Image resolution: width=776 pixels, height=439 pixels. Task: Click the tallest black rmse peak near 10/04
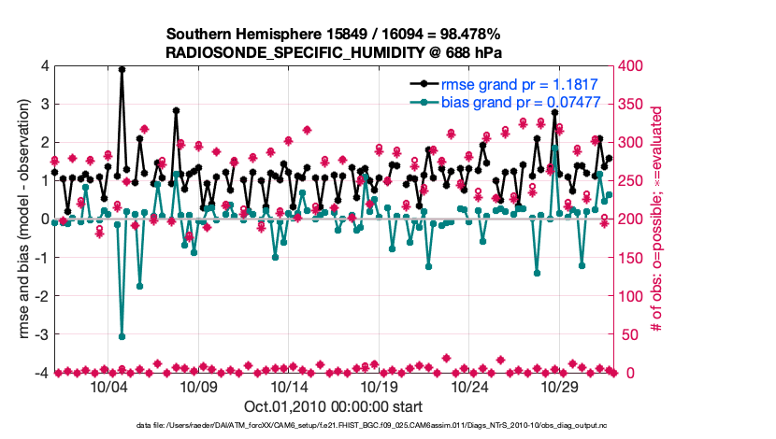pyautogui.click(x=122, y=69)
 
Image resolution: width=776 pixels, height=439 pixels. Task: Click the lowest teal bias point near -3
pyautogui.click(x=122, y=336)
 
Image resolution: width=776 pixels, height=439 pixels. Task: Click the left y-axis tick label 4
pyautogui.click(x=44, y=66)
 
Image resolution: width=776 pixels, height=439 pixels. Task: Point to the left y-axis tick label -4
pyautogui.click(x=41, y=373)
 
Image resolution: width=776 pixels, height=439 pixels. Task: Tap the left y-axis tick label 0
pyautogui.click(x=44, y=219)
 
